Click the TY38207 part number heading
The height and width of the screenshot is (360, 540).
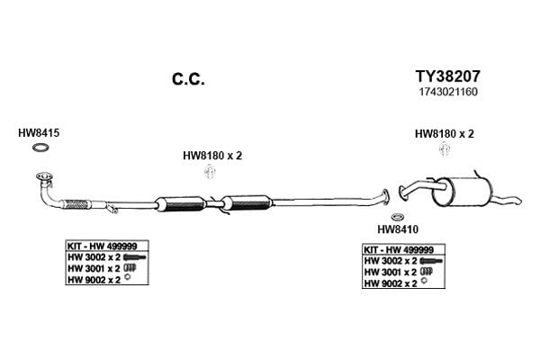(x=447, y=76)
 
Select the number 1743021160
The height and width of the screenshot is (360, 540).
(x=448, y=92)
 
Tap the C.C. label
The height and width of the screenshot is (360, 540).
(x=188, y=79)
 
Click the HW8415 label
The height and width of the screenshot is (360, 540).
(x=39, y=133)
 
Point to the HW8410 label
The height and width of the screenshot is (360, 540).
(x=398, y=229)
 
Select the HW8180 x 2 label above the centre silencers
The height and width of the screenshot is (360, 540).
(x=212, y=156)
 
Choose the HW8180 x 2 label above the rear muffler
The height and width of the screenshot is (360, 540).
(x=445, y=134)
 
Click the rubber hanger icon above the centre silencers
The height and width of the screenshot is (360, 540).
(x=210, y=172)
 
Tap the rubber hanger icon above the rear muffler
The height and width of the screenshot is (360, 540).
(x=445, y=149)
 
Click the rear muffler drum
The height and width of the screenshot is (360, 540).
(x=462, y=193)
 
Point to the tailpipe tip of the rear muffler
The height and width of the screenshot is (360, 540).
(x=519, y=201)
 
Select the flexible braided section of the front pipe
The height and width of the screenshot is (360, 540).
(x=76, y=204)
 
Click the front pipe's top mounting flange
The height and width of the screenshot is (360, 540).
(x=44, y=177)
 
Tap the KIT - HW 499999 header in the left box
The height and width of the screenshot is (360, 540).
(x=103, y=247)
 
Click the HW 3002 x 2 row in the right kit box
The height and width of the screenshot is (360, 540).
(x=403, y=261)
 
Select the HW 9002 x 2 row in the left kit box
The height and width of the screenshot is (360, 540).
(x=99, y=280)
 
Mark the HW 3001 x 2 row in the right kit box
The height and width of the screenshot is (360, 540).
(x=398, y=272)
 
